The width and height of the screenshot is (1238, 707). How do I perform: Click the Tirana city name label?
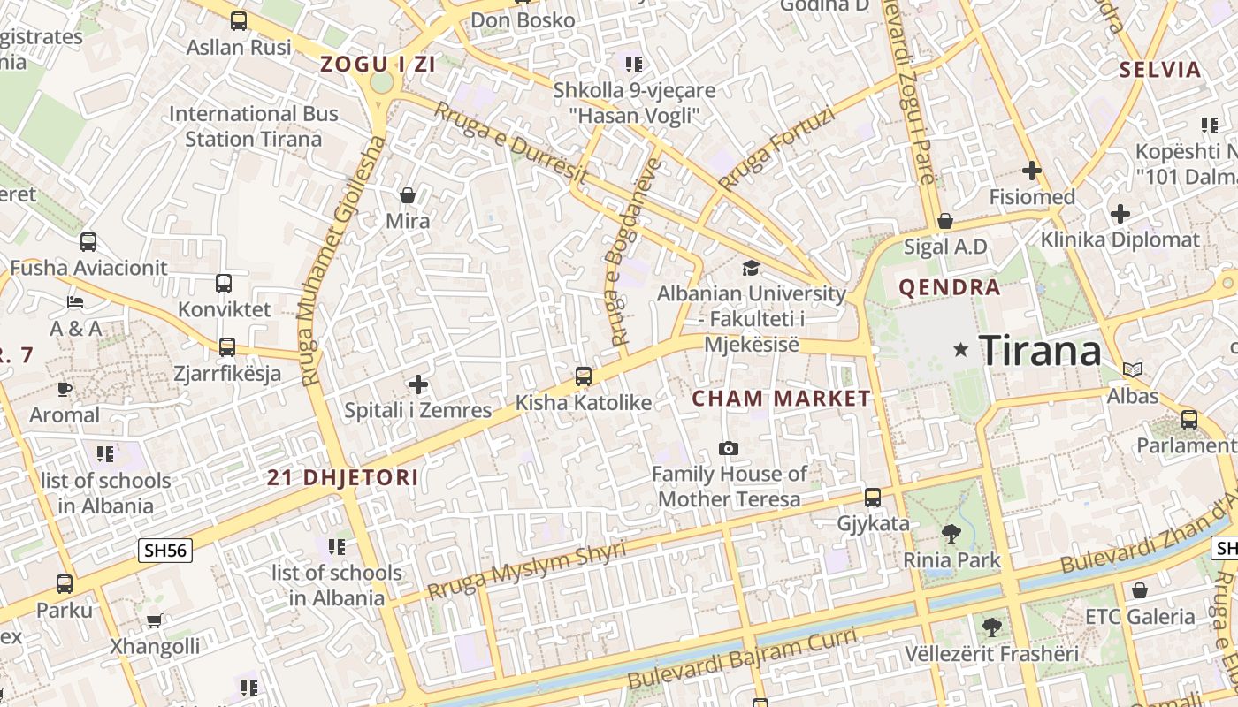(1040, 351)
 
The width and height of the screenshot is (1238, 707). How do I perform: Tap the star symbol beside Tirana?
(961, 351)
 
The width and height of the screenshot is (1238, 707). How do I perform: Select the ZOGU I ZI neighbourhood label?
(378, 64)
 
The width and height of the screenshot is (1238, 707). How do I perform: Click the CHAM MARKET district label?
(781, 399)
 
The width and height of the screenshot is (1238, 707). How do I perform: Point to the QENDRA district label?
(950, 287)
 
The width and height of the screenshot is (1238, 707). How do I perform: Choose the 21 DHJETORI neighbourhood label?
(343, 478)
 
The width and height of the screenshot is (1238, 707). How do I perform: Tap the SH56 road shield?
(166, 551)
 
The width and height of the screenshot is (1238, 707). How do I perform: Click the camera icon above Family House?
(728, 449)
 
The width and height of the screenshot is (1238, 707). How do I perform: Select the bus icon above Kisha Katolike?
(583, 376)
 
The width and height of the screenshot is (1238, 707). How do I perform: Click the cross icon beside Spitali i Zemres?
(418, 384)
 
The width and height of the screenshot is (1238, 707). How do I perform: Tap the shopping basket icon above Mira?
(408, 195)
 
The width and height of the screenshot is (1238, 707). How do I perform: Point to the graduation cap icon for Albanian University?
(751, 268)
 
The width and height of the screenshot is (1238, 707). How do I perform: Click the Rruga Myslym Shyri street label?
(526, 570)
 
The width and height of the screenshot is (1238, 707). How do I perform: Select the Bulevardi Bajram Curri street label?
(743, 659)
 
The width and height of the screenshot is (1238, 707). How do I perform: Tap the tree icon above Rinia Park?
(951, 534)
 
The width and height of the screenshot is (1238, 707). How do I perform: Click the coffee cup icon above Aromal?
(65, 389)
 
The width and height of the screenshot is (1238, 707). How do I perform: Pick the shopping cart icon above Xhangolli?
(154, 620)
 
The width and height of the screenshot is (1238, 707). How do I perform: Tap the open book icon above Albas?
(1133, 369)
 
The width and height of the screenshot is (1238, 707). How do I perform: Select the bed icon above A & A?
(76, 302)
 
